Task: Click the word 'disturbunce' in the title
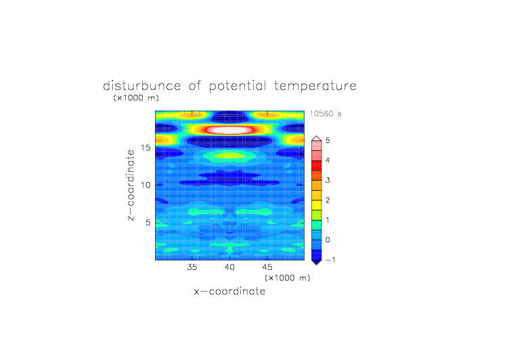pyautogui.click(x=141, y=86)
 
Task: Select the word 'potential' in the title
pyautogui.click(x=238, y=86)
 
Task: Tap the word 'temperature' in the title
pyautogui.click(x=315, y=87)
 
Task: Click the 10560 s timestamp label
pyautogui.click(x=326, y=114)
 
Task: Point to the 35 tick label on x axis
pyautogui.click(x=192, y=267)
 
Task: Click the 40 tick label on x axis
pyautogui.click(x=229, y=267)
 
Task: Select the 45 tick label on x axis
pyautogui.click(x=267, y=267)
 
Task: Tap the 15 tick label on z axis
pyautogui.click(x=146, y=148)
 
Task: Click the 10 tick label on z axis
pyautogui.click(x=146, y=185)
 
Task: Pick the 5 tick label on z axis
pyautogui.click(x=148, y=223)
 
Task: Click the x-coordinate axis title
pyautogui.click(x=229, y=291)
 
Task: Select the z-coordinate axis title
pyautogui.click(x=131, y=185)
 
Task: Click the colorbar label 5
pyautogui.click(x=328, y=141)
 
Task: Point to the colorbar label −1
pyautogui.click(x=330, y=260)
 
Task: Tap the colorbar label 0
pyautogui.click(x=328, y=240)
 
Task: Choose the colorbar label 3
pyautogui.click(x=328, y=180)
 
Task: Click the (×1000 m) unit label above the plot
pyautogui.click(x=136, y=97)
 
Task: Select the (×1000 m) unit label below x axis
pyautogui.click(x=287, y=278)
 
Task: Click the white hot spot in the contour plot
pyautogui.click(x=230, y=130)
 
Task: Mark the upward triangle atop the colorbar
pyautogui.click(x=317, y=139)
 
